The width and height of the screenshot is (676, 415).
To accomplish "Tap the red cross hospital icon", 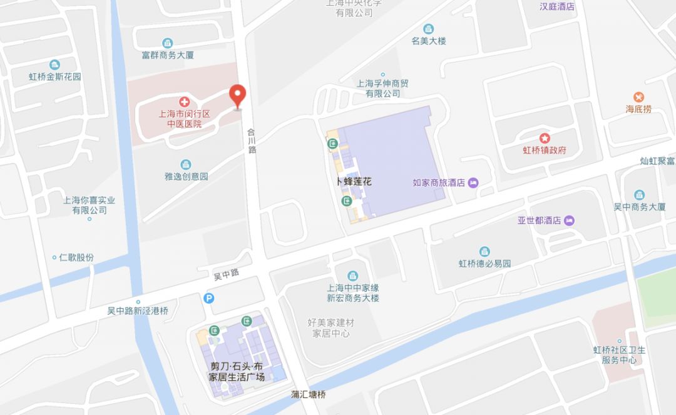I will (x=185, y=101).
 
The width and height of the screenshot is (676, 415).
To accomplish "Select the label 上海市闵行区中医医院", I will (x=184, y=119).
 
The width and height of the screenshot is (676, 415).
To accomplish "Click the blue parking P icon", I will (x=209, y=298).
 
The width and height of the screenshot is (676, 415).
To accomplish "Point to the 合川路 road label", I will (x=252, y=141).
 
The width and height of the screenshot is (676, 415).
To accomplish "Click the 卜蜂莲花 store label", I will (x=354, y=181).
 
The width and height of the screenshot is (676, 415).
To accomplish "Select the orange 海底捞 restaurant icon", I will (x=638, y=97).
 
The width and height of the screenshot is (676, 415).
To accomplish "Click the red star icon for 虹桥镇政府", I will (x=545, y=137).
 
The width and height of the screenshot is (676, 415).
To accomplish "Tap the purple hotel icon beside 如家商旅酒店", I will (x=473, y=182).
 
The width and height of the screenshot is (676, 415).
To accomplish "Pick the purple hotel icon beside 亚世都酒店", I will (x=569, y=221).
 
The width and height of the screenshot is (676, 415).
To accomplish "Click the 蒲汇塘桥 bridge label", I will (x=309, y=395).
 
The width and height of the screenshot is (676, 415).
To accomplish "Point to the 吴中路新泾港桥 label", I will (x=138, y=311).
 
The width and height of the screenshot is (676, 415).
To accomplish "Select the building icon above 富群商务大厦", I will (x=167, y=43).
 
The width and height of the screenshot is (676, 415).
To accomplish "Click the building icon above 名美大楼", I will (x=428, y=29).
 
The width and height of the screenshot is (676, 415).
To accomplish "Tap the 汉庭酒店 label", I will (x=557, y=7).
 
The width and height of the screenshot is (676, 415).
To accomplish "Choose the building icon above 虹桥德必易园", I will (x=484, y=251).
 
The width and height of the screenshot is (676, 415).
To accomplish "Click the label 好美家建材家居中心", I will (x=331, y=327).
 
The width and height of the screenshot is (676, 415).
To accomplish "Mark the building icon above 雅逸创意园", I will (x=186, y=164).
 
